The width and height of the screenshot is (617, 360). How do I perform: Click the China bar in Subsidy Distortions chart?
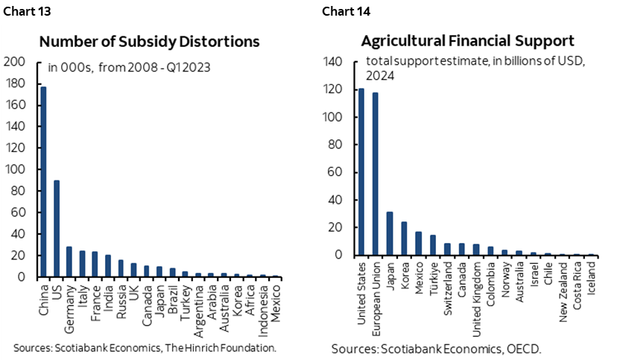(x=43, y=182)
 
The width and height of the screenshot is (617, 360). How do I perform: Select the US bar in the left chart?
(x=56, y=228)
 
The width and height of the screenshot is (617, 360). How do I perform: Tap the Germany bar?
(x=69, y=262)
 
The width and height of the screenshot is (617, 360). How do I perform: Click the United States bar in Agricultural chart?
(x=361, y=171)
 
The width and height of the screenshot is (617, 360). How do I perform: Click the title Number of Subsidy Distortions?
(x=149, y=42)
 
